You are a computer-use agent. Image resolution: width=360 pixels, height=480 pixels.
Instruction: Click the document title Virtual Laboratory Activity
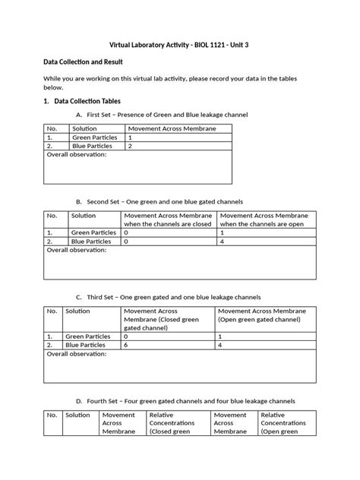[180, 46]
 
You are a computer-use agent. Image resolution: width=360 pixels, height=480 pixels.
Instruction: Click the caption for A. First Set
[162, 114]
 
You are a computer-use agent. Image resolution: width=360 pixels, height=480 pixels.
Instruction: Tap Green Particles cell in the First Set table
[92, 137]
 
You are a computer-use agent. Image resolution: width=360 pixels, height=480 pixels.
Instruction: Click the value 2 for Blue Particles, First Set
[131, 146]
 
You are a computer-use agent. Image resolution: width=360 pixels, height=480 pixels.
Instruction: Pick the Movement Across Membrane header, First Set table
[172, 129]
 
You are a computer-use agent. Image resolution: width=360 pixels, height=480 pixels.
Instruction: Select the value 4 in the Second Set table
[222, 241]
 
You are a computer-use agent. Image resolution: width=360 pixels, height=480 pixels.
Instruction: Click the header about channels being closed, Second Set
[168, 220]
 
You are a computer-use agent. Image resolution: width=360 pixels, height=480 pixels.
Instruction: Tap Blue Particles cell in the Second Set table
[91, 241]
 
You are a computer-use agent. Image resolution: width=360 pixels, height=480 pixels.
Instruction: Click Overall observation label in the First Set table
[76, 154]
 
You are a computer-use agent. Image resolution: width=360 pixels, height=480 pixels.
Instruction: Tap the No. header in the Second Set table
[52, 216]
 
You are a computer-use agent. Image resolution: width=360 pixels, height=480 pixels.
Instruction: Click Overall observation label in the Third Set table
[76, 353]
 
